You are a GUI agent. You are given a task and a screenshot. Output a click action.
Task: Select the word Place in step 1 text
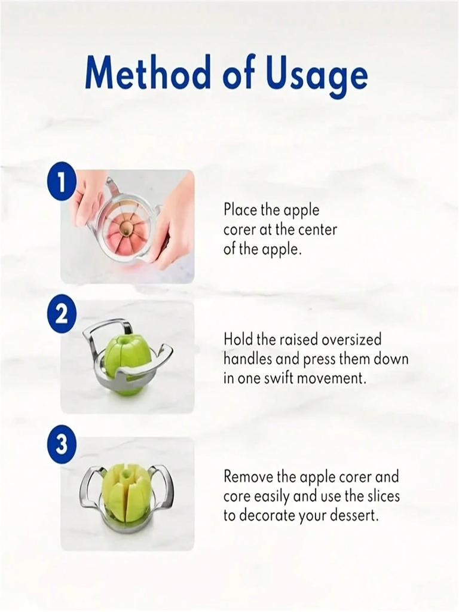coord(240,210)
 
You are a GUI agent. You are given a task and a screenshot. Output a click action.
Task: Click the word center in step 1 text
coord(317,229)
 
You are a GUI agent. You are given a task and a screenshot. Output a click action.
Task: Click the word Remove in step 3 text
coord(248,477)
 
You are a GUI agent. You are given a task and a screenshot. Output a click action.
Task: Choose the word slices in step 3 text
coord(384,497)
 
